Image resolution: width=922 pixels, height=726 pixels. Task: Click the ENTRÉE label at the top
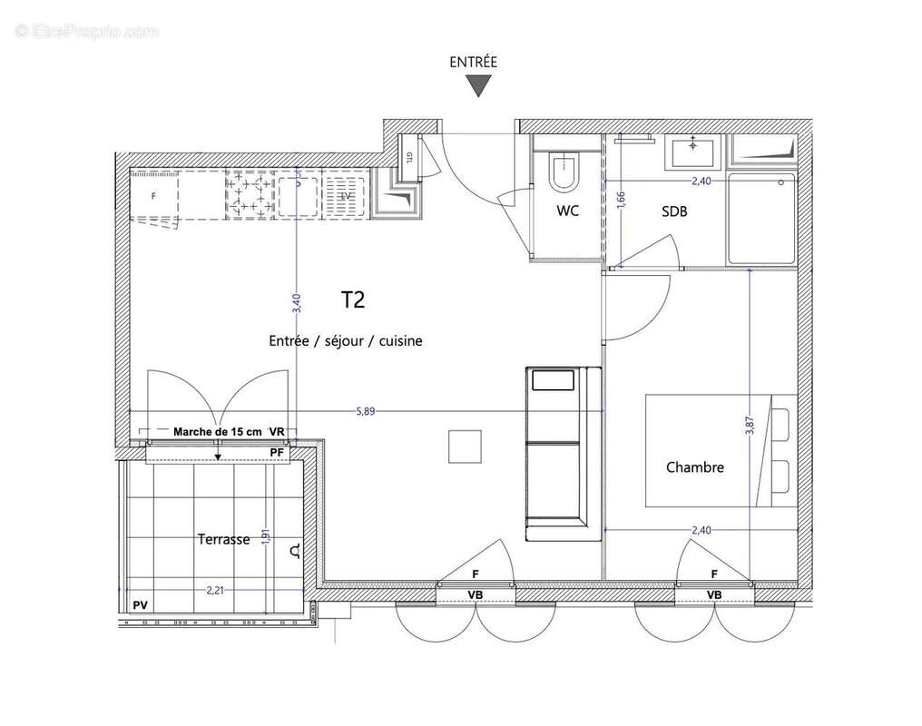tap(473, 62)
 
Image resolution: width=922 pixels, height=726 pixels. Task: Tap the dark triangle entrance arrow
tap(478, 86)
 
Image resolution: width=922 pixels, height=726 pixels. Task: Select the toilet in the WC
tap(564, 172)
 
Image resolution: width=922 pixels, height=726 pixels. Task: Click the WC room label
tap(568, 211)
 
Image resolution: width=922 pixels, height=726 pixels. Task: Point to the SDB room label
tap(674, 211)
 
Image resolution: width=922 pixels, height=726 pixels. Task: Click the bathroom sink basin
tap(694, 151)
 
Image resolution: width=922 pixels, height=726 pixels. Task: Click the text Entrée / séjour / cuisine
tap(346, 341)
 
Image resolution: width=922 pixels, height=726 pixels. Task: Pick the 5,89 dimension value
tap(366, 411)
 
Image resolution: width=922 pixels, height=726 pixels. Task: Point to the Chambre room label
tap(695, 467)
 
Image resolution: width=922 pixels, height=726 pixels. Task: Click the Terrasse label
tap(223, 539)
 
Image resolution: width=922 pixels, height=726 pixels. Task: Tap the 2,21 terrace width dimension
tap(214, 591)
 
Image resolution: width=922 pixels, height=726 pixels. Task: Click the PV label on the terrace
tap(140, 604)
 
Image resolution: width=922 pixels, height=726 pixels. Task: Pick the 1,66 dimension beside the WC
tap(621, 200)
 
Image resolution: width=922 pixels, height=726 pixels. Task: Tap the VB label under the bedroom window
tap(714, 594)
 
